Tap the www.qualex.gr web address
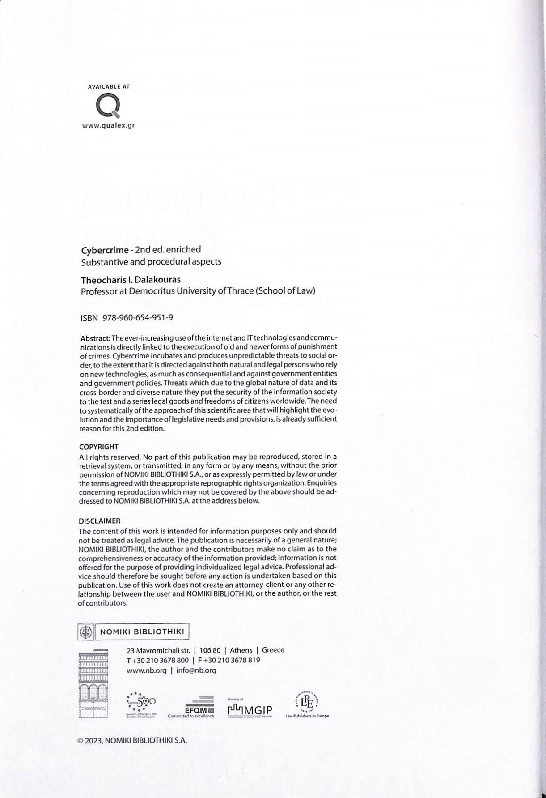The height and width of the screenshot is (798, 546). point(108,125)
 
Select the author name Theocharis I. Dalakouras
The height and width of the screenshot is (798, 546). point(131,280)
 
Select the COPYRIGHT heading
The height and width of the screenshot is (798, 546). point(98,447)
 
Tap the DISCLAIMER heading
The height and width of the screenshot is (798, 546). point(99,521)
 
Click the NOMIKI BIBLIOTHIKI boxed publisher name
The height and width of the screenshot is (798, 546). point(142,632)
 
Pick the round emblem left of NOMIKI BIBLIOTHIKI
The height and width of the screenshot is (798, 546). point(85,632)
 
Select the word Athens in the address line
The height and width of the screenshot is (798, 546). point(241,650)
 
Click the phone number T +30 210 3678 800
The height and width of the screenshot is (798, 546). point(157,660)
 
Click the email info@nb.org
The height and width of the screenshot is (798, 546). point(196,670)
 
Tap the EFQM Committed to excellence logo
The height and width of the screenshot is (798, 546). point(191,708)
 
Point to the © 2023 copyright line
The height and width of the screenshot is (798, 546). point(132,740)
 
